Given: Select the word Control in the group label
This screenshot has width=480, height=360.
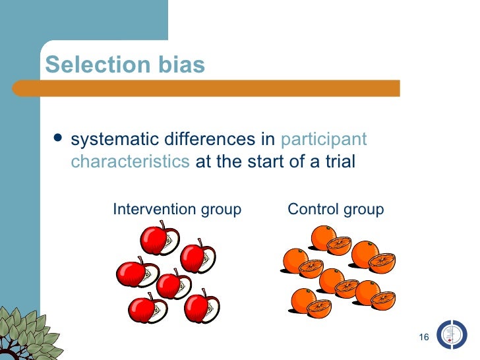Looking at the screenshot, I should tap(312, 210).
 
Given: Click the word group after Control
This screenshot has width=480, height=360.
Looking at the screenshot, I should tap(362, 210).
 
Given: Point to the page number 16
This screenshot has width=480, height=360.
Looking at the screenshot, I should tap(424, 338).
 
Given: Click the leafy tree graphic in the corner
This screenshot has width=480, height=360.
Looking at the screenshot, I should tap(26, 333).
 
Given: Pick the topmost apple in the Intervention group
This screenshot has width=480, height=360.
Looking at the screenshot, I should tap(158, 237).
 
